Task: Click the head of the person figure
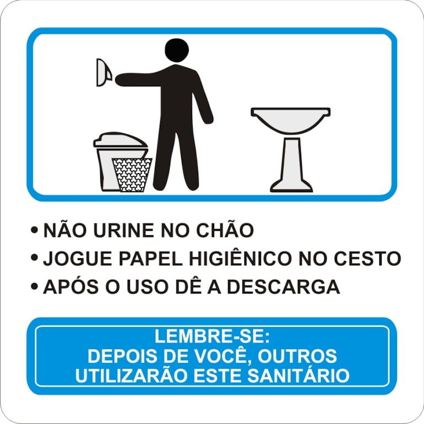click(177, 50)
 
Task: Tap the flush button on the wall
click(104, 73)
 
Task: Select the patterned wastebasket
click(132, 175)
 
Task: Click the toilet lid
click(121, 140)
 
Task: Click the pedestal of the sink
click(291, 165)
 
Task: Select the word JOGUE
click(78, 258)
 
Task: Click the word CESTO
click(367, 258)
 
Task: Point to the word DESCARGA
click(283, 287)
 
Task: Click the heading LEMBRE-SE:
click(212, 336)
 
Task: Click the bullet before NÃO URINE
click(34, 230)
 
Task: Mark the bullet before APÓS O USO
click(34, 286)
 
